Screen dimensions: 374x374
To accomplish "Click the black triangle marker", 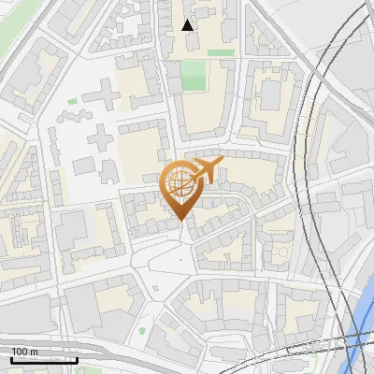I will point(188,24).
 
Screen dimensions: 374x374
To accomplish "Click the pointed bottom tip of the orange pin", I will point(180,220).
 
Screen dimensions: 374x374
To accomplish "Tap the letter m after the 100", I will point(34,352).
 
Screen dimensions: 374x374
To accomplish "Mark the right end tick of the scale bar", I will point(77,359).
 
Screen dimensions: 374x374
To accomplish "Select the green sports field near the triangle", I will point(194,75).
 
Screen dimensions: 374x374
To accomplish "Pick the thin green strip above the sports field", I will point(221,53).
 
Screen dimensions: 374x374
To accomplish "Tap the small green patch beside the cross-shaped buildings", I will point(72,101).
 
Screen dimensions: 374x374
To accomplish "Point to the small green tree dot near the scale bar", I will point(142,330).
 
